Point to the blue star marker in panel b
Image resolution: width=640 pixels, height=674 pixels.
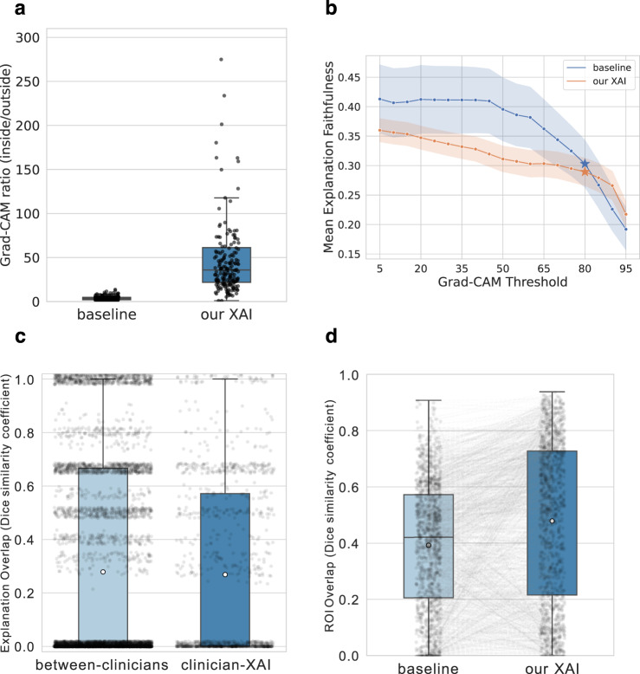pos(585,164)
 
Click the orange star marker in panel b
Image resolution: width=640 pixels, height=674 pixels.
pos(585,172)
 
